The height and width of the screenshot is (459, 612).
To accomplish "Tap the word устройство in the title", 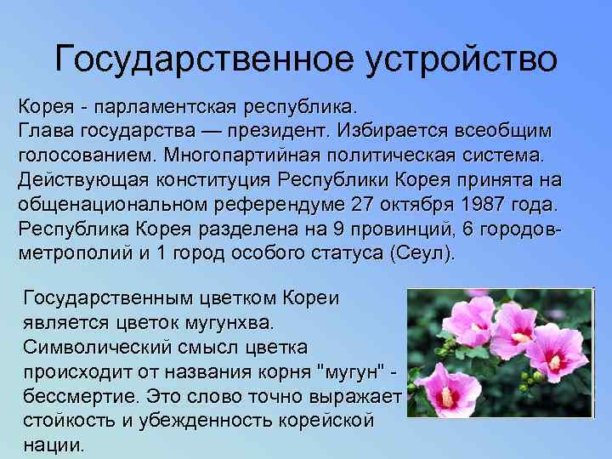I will (464, 59).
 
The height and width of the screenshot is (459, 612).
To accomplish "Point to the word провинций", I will (395, 229).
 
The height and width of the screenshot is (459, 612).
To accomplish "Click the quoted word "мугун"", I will (351, 372).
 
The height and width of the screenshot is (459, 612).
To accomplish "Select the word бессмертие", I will (82, 396).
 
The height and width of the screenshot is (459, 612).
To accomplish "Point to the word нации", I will (54, 445).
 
